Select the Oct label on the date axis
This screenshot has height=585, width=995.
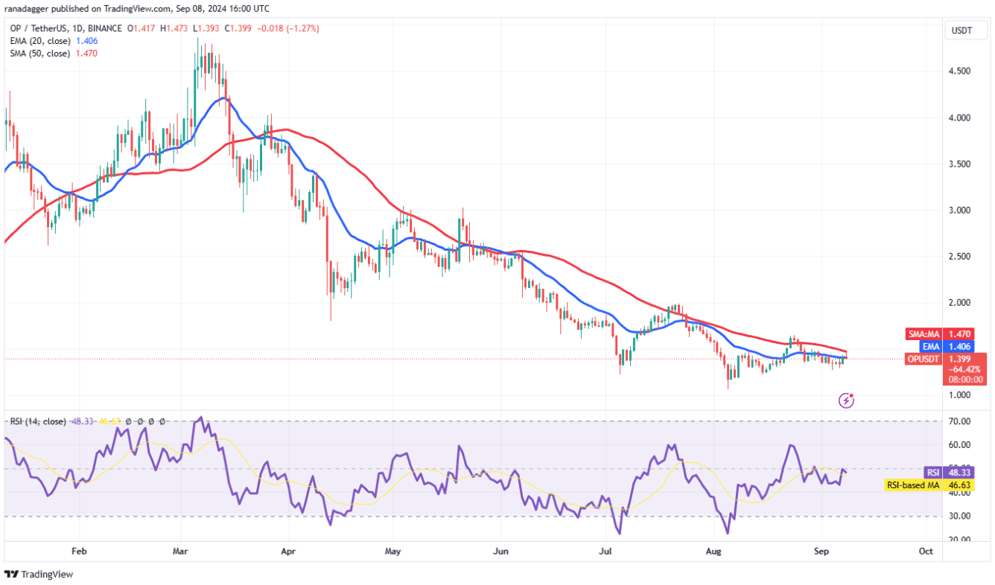(x=926, y=552)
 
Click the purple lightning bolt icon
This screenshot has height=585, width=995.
(x=846, y=400)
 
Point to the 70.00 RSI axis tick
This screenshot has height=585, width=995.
(x=959, y=421)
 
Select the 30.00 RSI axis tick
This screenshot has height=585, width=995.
(x=959, y=517)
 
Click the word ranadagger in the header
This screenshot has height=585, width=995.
(x=29, y=9)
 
